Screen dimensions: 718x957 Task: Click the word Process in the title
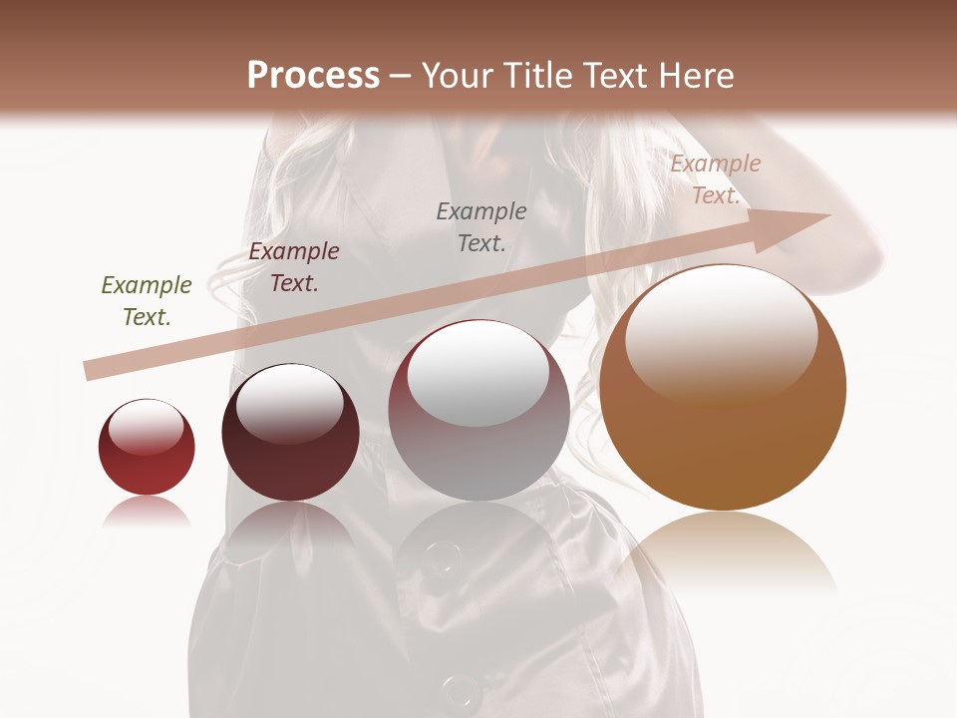pos(313,76)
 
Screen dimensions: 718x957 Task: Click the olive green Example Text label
pos(147,301)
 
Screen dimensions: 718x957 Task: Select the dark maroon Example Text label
pos(294,267)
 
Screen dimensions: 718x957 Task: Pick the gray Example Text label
pos(481,227)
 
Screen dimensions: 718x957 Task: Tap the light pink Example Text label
pos(716,179)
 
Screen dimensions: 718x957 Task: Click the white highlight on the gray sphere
pos(478,372)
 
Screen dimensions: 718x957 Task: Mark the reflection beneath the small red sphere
pos(147,511)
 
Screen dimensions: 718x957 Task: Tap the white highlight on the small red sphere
pos(147,427)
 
